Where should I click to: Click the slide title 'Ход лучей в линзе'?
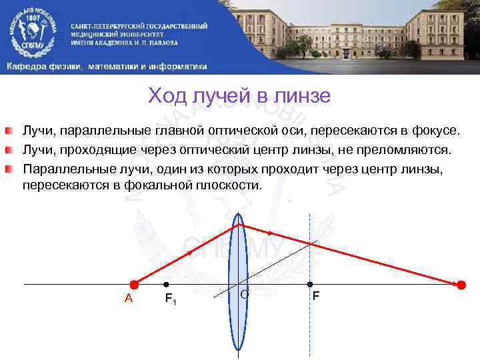coord(239,96)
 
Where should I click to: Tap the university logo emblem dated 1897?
coord(31,31)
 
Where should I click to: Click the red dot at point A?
coord(134,285)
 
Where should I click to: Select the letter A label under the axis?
coord(129,299)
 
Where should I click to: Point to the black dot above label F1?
coord(166,285)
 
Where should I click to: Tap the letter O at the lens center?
coord(244,294)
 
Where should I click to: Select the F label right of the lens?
coord(315,295)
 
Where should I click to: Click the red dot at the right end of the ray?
coord(460,285)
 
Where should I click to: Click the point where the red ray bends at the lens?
coord(239,224)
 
